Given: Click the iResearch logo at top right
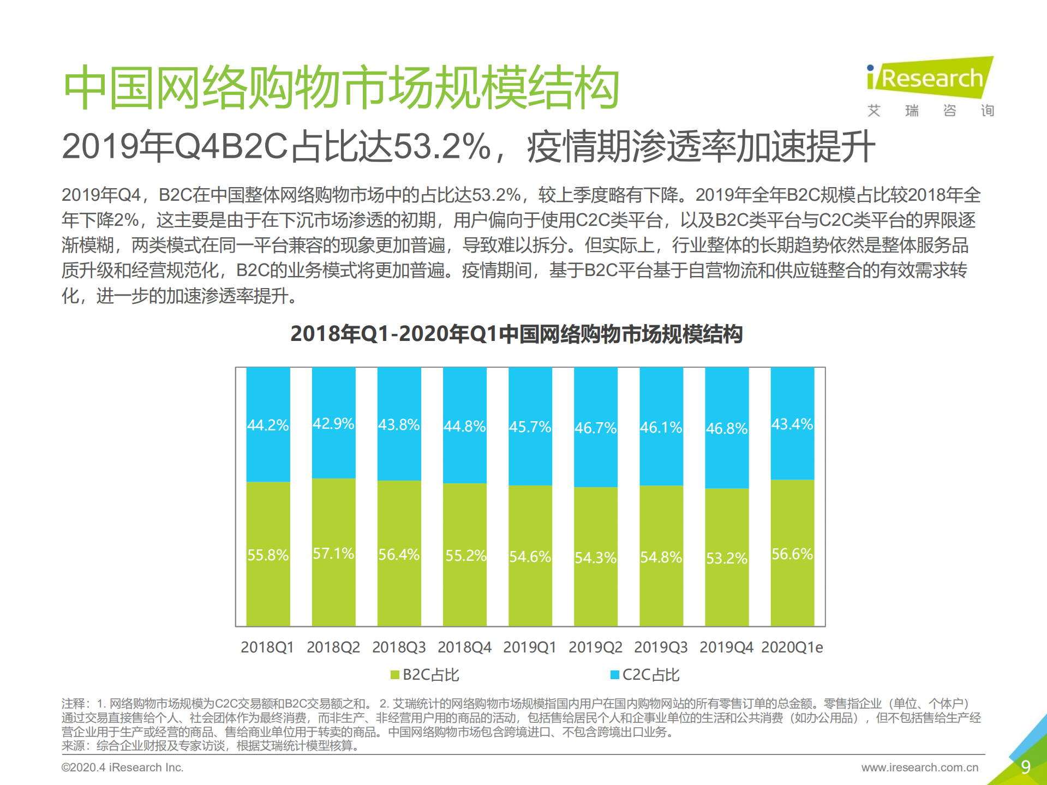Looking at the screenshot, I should [930, 79].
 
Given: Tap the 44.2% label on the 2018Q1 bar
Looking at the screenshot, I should [268, 425].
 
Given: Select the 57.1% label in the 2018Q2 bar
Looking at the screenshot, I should [333, 554].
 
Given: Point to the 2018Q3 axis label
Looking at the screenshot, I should [399, 647].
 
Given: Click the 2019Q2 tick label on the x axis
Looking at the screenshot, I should [595, 647].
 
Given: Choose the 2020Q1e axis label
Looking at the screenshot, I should [792, 647].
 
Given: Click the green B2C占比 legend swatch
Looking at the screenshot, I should [395, 675].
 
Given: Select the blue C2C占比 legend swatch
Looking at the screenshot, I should [615, 675].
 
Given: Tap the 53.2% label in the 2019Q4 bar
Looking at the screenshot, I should [727, 558].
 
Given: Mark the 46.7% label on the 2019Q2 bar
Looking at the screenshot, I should [595, 428].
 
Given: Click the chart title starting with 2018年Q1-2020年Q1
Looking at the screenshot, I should [516, 334].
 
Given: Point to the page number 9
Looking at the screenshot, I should [1026, 767].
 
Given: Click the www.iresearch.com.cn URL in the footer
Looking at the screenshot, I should [920, 768].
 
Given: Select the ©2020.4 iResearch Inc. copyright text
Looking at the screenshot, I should [122, 768].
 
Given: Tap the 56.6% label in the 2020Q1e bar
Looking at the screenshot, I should [792, 554].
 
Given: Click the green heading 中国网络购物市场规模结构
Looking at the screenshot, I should [342, 87].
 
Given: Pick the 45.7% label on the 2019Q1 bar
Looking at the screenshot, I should [530, 427].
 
